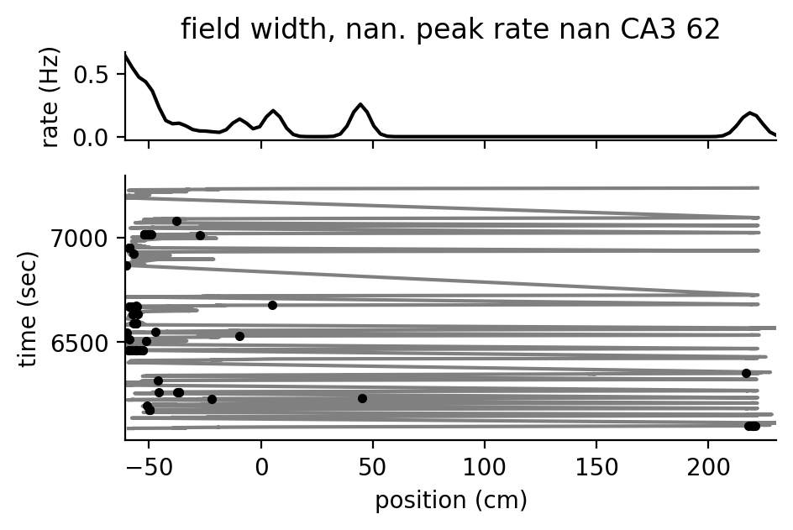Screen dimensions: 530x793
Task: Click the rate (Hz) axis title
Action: tap(50, 98)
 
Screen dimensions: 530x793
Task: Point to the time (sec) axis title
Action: tap(29, 307)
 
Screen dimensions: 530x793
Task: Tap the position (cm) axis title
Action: tap(451, 501)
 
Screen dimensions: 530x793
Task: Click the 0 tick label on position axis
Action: tap(261, 466)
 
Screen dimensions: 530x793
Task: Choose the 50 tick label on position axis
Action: tap(373, 466)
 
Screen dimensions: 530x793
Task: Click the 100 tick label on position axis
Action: tap(485, 466)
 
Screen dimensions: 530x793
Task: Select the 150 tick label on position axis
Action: tap(596, 466)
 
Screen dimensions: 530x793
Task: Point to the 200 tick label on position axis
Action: tap(708, 466)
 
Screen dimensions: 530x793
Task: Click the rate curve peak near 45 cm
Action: tap(361, 105)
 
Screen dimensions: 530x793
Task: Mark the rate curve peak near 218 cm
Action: tap(748, 113)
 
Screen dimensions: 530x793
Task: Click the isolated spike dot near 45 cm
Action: tap(362, 398)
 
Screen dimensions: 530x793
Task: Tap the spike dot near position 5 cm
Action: tap(272, 305)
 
